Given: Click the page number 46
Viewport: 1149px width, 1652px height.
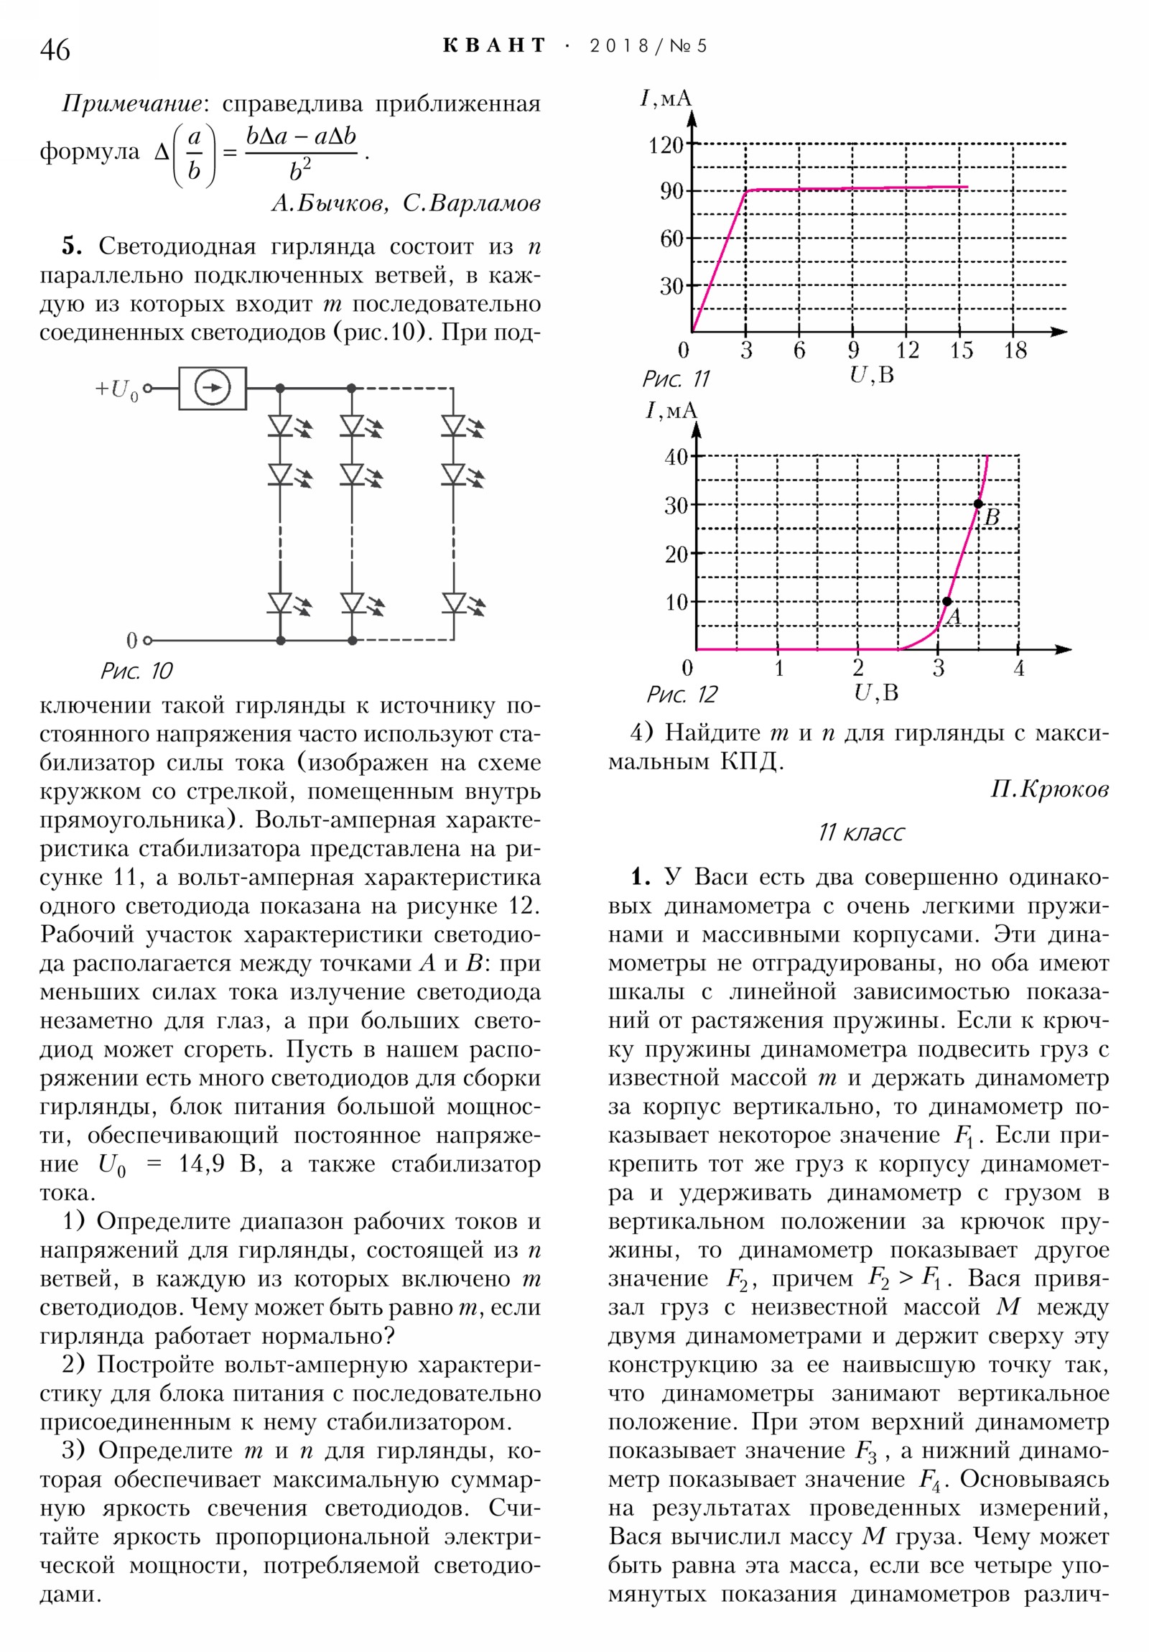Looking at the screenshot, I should point(55,50).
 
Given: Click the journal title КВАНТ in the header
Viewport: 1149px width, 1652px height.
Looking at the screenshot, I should point(494,46).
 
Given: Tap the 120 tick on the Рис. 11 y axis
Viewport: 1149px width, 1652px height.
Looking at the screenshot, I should point(666,145).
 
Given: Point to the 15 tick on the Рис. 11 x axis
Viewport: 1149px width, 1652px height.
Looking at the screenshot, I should point(961,351).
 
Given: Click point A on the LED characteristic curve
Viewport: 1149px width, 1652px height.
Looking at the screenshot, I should point(946,601).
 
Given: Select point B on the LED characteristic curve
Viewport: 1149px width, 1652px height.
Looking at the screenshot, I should point(978,504).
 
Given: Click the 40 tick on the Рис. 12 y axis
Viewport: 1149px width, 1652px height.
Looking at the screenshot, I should point(676,456).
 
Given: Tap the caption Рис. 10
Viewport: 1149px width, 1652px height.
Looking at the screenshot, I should point(136,672).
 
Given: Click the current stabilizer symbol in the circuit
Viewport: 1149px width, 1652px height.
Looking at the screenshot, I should point(213,389).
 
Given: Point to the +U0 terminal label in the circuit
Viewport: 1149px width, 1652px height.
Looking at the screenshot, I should point(116,389).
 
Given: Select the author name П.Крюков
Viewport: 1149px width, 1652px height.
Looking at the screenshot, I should point(1049,789).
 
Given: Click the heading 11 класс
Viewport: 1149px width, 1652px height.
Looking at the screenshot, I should point(860,832).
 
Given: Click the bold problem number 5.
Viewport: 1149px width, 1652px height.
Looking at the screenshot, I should point(72,247).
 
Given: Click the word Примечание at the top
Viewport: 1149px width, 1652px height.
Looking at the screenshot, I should point(131,104).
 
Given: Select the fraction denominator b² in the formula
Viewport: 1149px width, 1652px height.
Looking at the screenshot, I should point(300,171).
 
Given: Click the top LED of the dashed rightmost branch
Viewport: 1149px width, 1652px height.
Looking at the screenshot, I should point(453,425).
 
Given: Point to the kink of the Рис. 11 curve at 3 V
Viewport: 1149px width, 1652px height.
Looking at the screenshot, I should point(746,190).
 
